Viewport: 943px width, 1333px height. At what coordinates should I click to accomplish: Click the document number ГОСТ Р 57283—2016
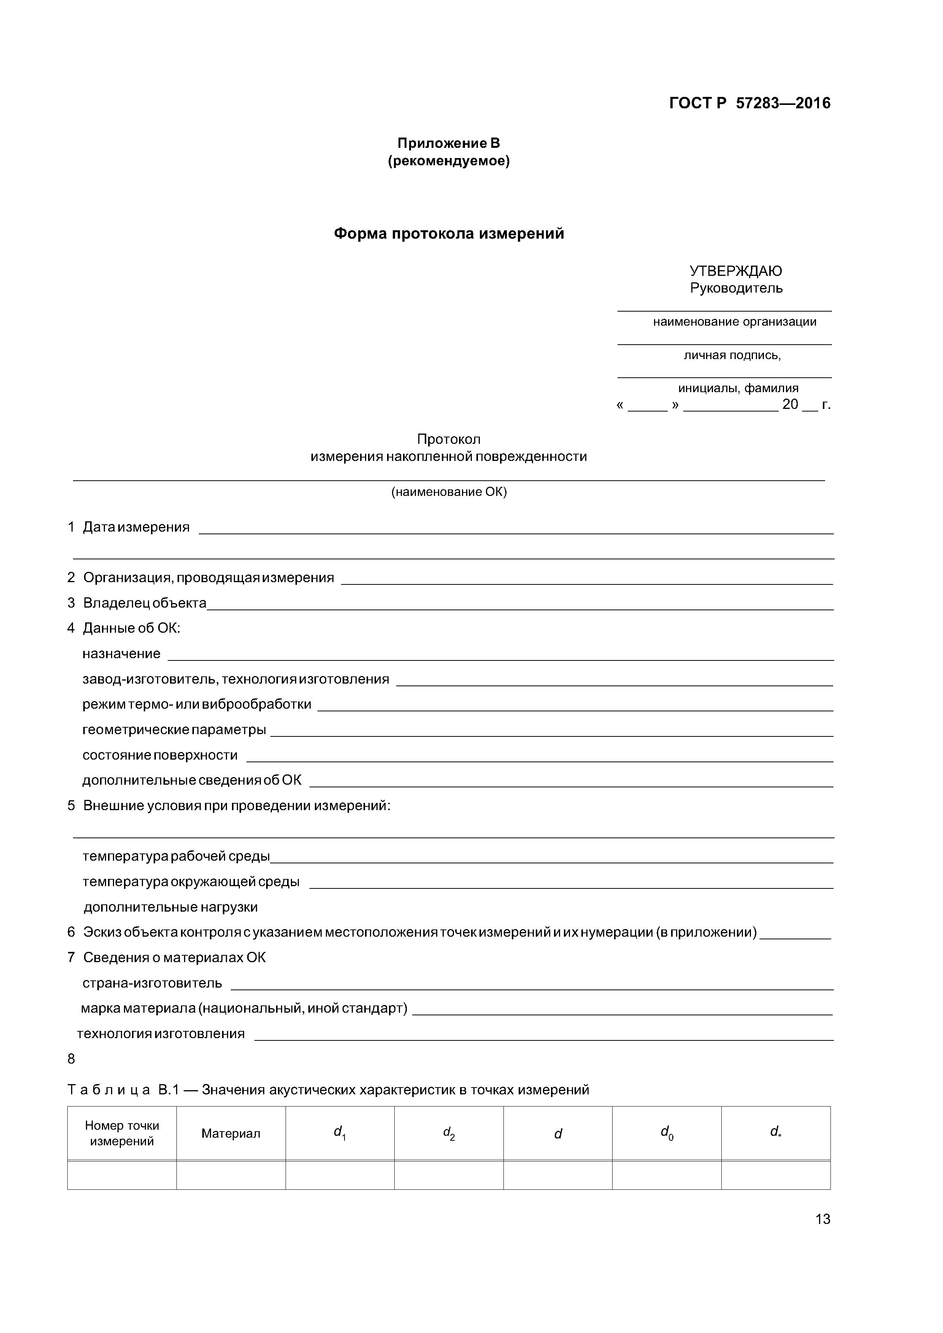pos(749,103)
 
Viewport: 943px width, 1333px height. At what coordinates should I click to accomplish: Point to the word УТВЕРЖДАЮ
pos(735,271)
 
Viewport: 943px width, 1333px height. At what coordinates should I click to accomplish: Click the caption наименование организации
pos(734,321)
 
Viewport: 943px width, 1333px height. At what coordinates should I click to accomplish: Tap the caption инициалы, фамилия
pos(738,388)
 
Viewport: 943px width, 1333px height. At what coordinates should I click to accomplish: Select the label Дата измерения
pos(136,527)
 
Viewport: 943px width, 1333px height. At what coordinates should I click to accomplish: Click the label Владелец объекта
pos(144,603)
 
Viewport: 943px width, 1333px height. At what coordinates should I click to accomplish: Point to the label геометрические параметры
pos(174,730)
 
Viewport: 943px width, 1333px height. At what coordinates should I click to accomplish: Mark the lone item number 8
pos(71,1059)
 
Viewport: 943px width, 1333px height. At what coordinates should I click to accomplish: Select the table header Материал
pos(231,1133)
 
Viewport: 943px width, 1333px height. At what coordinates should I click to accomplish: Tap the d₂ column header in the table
pos(449,1133)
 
